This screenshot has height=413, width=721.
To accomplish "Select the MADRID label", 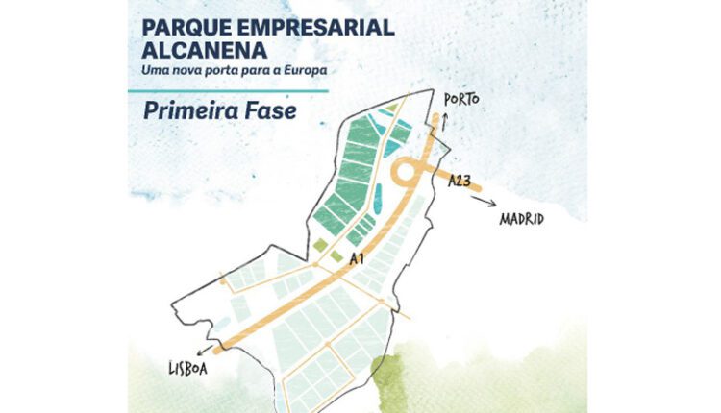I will click(522, 219).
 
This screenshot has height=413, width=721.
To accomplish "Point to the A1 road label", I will click(356, 258).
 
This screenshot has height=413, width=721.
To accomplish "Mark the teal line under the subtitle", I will click(228, 89).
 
